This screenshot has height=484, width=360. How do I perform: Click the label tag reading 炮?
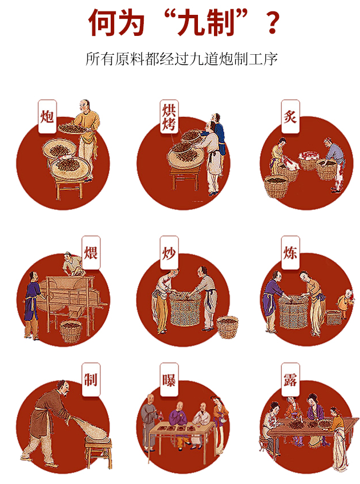click(47, 116)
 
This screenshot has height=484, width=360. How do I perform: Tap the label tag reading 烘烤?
click(169, 116)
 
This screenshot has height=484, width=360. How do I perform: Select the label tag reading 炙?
click(290, 116)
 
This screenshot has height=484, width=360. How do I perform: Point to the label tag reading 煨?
click(91, 253)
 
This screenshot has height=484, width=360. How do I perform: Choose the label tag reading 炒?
click(169, 253)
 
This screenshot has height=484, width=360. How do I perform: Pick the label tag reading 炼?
click(290, 253)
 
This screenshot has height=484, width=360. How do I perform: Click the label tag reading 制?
click(91, 380)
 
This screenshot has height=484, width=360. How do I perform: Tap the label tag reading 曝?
click(169, 380)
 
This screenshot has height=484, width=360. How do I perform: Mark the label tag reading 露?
click(290, 380)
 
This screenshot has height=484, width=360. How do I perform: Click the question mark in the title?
click(272, 23)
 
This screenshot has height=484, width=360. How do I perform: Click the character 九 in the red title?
click(190, 22)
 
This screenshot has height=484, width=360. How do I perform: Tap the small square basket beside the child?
click(334, 318)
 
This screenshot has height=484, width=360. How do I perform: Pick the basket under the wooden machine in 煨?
click(71, 332)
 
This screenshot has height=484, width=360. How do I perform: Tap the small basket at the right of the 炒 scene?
click(228, 327)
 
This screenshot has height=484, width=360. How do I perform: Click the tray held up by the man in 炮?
click(73, 128)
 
